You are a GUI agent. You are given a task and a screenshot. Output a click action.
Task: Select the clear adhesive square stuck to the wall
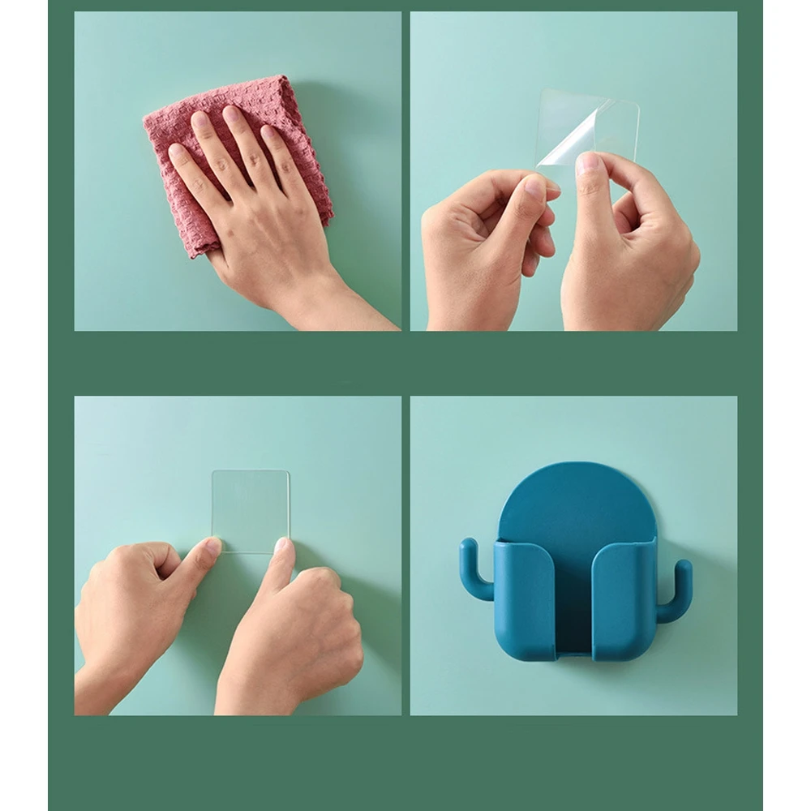(x=251, y=503)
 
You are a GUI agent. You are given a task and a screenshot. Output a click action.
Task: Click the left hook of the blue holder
(x=475, y=569)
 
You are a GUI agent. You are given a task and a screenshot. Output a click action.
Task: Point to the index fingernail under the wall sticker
(x=281, y=546)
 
